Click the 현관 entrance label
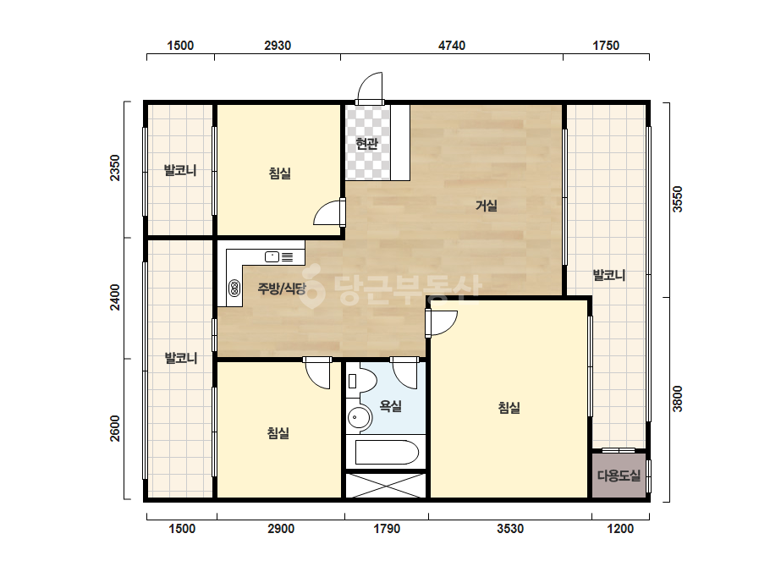(366, 144)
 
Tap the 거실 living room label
(487, 206)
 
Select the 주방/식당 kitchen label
(282, 288)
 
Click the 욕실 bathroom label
(391, 406)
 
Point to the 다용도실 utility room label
(619, 476)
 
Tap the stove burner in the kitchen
(234, 288)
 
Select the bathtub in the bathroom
(387, 452)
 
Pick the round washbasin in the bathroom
(359, 416)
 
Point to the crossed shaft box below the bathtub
(386, 486)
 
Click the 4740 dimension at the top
(452, 46)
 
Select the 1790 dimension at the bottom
(387, 529)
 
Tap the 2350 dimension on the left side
(115, 168)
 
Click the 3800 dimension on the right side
(678, 399)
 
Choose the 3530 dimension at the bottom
(510, 529)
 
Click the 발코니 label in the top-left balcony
(180, 170)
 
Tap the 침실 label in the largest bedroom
(509, 408)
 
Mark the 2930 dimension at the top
(278, 46)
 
